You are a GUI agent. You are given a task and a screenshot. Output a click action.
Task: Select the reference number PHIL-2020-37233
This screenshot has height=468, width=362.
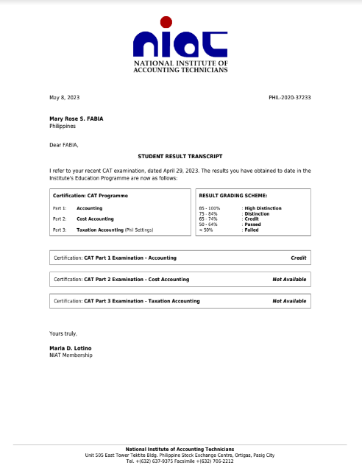(290, 97)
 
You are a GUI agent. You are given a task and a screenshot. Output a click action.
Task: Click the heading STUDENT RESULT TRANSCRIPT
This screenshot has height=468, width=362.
(180, 157)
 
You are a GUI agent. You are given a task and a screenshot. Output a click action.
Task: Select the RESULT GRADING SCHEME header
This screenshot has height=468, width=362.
(233, 196)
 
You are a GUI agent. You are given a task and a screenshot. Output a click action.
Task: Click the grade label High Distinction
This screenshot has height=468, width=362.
(262, 208)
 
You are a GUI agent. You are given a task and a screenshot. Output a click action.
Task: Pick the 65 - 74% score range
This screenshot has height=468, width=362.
(209, 219)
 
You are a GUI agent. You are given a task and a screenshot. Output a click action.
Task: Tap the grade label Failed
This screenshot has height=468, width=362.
(252, 230)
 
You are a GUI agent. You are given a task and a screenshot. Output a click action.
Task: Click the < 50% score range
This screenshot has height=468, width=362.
(205, 230)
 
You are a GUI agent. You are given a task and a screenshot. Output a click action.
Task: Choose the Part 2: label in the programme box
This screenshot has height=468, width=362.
(60, 219)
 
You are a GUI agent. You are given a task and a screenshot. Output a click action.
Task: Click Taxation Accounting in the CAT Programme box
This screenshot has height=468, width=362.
(100, 230)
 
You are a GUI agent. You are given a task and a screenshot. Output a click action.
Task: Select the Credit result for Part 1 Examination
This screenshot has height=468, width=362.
(298, 258)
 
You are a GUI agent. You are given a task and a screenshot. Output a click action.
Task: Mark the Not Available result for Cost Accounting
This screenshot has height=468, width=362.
(289, 280)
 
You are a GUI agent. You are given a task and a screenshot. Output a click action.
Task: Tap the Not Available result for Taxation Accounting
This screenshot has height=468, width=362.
(289, 301)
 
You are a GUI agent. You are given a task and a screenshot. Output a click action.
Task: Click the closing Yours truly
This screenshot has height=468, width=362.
(63, 333)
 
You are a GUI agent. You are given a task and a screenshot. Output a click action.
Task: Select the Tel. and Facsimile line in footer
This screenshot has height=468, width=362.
(180, 461)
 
